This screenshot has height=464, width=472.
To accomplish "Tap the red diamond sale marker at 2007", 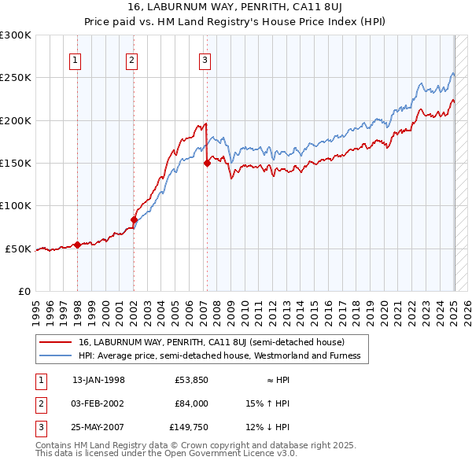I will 207,164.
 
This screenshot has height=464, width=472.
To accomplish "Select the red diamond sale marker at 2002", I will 134,219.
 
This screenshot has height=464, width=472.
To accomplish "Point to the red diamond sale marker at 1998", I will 77,245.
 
